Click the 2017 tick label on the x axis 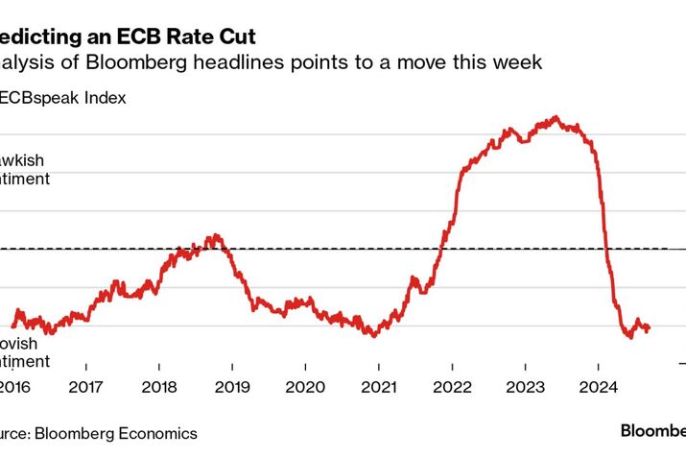[85, 389]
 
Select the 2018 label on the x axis [158, 389]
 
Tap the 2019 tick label [232, 389]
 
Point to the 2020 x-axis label [305, 389]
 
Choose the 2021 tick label [378, 389]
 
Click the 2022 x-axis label [451, 389]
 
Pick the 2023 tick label [525, 389]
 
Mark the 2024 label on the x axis [598, 389]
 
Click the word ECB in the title [141, 37]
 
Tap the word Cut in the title [235, 37]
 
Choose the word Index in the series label [106, 97]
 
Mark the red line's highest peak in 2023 [556, 117]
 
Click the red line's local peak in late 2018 [216, 234]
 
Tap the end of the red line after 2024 [650, 328]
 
